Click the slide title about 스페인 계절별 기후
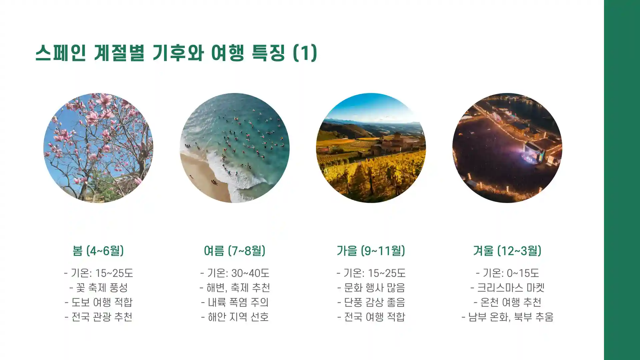(176, 53)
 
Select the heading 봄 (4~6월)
(98, 251)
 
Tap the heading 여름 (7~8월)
(235, 251)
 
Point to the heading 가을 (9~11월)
(371, 251)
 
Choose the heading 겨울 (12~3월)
(507, 251)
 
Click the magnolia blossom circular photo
(98, 148)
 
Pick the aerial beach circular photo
(235, 148)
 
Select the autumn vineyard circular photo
(371, 148)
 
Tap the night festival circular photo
(507, 148)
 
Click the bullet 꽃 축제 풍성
(98, 288)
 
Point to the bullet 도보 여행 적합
(98, 302)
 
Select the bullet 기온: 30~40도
(235, 273)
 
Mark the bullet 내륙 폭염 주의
(235, 302)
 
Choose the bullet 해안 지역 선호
(235, 317)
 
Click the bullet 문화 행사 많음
(371, 288)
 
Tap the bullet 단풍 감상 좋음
(371, 302)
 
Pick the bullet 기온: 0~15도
(507, 273)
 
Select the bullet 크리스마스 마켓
(507, 288)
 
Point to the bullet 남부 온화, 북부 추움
(507, 317)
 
